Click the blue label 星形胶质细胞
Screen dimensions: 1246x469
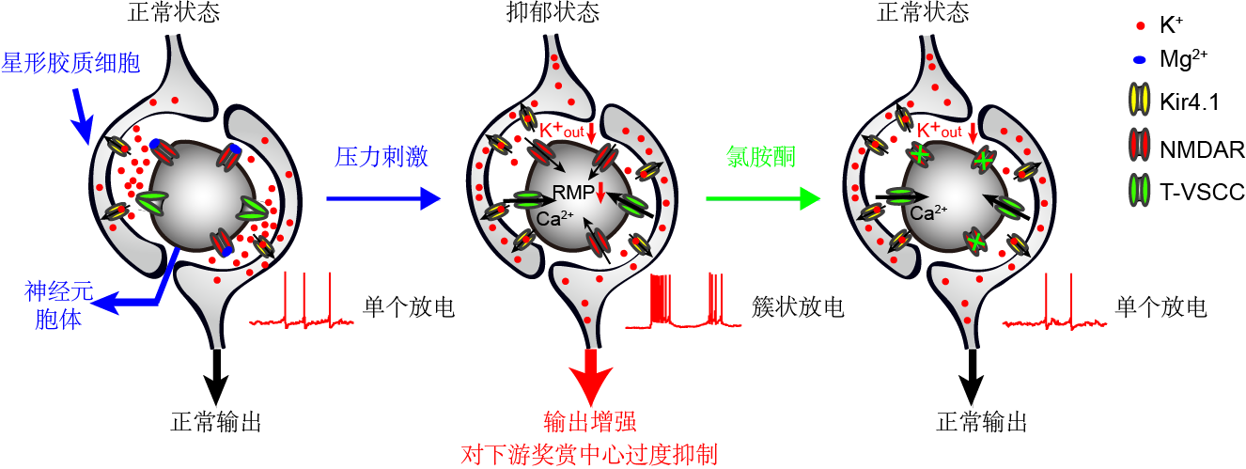pyautogui.click(x=70, y=62)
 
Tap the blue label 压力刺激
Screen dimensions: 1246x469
pyautogui.click(x=382, y=156)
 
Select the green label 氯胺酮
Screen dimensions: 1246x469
pyautogui.click(x=761, y=156)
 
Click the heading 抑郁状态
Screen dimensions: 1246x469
pyautogui.click(x=553, y=11)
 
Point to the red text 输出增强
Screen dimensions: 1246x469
pyautogui.click(x=590, y=422)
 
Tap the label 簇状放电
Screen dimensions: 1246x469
pyautogui.click(x=798, y=306)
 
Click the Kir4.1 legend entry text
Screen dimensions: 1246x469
pyautogui.click(x=1190, y=102)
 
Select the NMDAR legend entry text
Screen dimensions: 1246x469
pyautogui.click(x=1202, y=149)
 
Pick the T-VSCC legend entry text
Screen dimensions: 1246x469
pyautogui.click(x=1202, y=192)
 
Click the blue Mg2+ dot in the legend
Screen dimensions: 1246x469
pyautogui.click(x=1139, y=60)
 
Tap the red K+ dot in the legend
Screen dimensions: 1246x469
pyautogui.click(x=1141, y=25)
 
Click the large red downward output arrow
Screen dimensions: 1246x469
pyautogui.click(x=591, y=378)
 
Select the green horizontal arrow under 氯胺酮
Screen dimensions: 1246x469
pyautogui.click(x=763, y=198)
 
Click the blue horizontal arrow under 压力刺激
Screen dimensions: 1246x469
pyautogui.click(x=383, y=198)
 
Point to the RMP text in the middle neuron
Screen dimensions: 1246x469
pyautogui.click(x=573, y=193)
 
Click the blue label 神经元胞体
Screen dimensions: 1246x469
pyautogui.click(x=58, y=305)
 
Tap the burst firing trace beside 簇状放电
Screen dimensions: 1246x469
pyautogui.click(x=683, y=301)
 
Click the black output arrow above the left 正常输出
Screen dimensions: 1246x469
pyautogui.click(x=216, y=377)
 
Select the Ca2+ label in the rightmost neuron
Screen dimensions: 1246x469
pyautogui.click(x=928, y=213)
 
